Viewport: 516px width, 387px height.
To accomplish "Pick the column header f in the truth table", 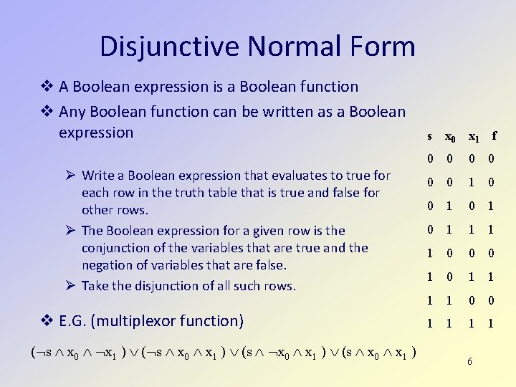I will pos(493,135).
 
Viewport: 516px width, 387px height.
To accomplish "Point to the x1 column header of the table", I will pos(473,136).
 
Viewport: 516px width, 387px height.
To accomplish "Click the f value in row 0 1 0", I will pos(492,206).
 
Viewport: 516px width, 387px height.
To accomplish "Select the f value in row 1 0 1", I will pos(492,277).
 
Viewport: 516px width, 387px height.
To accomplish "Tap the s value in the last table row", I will pos(429,323).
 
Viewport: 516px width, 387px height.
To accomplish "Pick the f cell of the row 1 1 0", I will pos(492,300).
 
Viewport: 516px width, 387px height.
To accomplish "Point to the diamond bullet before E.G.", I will pos(46,320).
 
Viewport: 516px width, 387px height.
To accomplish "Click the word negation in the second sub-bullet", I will pos(107,265).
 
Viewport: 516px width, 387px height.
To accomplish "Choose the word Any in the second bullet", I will pos(73,112).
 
